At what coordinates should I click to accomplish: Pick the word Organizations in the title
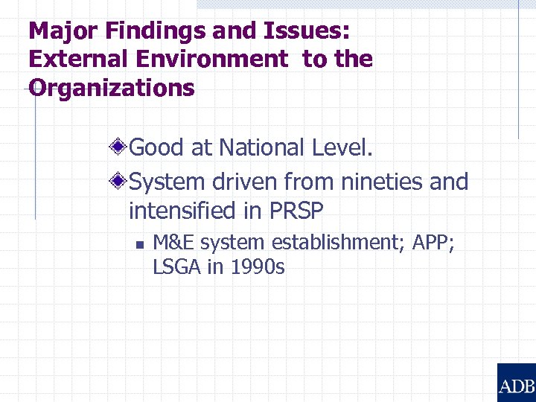(112, 88)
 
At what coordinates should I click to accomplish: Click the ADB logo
(516, 383)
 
